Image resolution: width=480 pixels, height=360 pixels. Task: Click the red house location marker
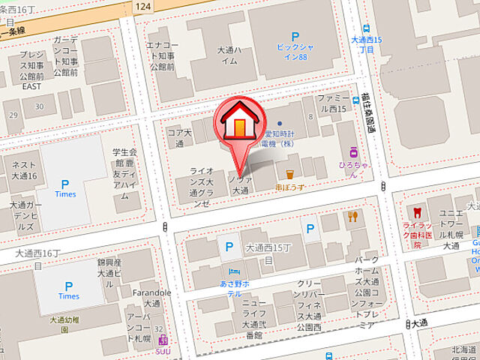pyautogui.click(x=238, y=124)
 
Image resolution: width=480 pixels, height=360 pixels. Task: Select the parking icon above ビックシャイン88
pyautogui.click(x=295, y=36)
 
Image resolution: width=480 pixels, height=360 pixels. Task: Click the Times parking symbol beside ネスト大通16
pyautogui.click(x=65, y=184)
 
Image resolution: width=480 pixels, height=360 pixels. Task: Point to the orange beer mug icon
pyautogui.click(x=289, y=163)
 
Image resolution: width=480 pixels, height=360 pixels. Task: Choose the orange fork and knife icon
pyautogui.click(x=352, y=217)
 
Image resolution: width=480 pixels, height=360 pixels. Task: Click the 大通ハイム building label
pyautogui.click(x=228, y=56)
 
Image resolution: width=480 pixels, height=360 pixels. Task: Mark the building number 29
pyautogui.click(x=12, y=115)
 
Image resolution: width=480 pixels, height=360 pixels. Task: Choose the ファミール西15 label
pyautogui.click(x=331, y=103)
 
